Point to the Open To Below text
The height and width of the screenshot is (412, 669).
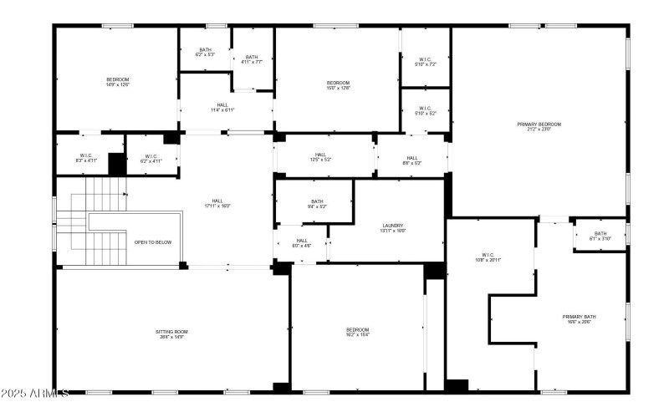click(x=153, y=242)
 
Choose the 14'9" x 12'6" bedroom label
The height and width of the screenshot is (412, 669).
click(x=117, y=82)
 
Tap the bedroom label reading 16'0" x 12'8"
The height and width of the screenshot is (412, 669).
click(x=338, y=84)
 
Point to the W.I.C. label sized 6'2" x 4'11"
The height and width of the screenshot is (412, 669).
click(x=151, y=157)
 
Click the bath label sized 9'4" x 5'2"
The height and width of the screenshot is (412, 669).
click(x=317, y=203)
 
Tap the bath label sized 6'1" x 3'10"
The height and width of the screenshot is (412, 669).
click(x=600, y=236)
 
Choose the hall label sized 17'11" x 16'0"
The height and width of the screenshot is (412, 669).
click(x=217, y=203)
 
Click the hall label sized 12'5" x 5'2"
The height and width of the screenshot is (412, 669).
click(x=320, y=156)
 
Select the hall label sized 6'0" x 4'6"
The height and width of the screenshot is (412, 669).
click(x=301, y=243)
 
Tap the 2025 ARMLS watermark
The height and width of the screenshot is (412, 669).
click(x=35, y=393)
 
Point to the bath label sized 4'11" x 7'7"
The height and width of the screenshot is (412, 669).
click(x=252, y=59)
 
